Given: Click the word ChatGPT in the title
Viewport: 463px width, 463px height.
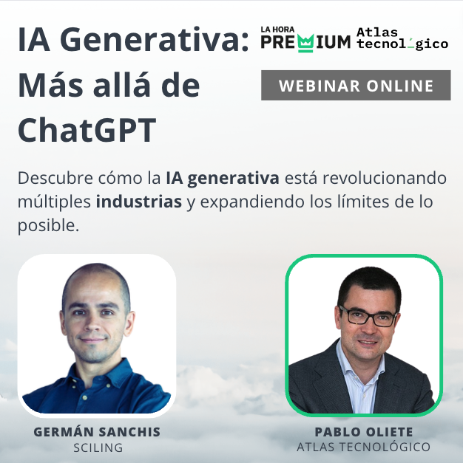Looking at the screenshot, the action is point(87,130).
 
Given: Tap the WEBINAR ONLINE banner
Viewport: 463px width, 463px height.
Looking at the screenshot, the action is point(356,86).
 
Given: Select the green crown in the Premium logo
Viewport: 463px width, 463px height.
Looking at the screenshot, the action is point(305,44).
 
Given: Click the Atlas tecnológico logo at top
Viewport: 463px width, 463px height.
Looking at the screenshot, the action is point(402,38).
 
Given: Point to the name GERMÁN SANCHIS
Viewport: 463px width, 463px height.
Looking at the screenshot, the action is point(97,432).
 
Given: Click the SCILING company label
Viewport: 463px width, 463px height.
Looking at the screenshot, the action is point(98,447).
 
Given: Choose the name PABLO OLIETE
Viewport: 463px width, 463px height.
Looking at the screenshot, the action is point(364,432).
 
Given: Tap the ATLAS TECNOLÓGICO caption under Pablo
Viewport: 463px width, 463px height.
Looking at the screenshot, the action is point(364,447).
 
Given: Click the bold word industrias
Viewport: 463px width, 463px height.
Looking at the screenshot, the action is point(139,202).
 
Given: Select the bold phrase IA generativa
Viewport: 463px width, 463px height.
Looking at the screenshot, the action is point(223,178).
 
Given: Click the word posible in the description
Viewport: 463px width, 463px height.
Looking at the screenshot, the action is point(49,226).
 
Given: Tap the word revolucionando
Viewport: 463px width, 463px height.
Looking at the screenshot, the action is point(385,178).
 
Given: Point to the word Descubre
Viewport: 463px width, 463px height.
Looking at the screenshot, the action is point(55,178).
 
